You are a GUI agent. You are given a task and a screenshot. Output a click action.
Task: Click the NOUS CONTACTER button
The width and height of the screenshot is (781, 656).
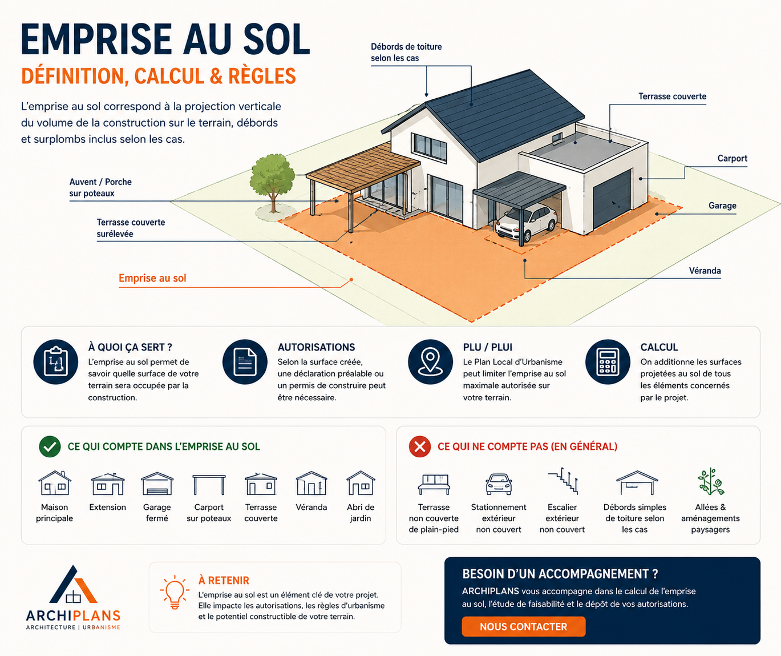tap(523, 627)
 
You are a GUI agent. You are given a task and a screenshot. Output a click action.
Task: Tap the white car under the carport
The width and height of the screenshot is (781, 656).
tap(527, 223)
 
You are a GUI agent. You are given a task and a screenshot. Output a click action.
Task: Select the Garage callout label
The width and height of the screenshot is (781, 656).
tap(722, 206)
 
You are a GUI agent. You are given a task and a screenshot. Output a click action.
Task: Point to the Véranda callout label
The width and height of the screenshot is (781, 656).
tap(705, 271)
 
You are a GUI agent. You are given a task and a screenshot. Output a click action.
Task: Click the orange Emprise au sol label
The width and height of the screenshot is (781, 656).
tap(152, 278)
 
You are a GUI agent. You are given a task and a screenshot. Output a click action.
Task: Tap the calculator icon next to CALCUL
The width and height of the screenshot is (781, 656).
tap(608, 362)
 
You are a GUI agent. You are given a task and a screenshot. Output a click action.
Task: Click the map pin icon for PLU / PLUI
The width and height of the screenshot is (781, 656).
tap(430, 362)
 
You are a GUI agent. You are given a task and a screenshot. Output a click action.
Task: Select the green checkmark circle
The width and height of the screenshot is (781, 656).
tap(50, 446)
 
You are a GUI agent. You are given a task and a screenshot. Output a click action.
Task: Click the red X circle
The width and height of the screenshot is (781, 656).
tap(420, 446)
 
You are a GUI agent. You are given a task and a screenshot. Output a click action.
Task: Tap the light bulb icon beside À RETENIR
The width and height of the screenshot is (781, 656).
tap(175, 592)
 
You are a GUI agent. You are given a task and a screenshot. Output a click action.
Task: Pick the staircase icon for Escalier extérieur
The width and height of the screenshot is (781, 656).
tap(563, 481)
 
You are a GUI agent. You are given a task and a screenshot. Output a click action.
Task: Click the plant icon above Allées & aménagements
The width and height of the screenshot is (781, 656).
tap(711, 481)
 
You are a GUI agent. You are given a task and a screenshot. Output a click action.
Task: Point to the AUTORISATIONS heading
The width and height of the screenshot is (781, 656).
tap(316, 347)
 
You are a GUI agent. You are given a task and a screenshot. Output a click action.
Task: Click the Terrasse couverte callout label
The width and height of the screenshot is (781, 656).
tap(672, 96)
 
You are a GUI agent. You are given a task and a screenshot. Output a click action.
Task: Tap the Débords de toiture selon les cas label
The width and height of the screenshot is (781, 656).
tap(406, 53)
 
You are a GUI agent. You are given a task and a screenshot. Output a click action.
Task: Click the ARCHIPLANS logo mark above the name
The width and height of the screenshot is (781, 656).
tap(74, 585)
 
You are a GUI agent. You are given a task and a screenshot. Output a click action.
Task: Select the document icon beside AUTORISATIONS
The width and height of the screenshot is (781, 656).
tap(245, 362)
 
